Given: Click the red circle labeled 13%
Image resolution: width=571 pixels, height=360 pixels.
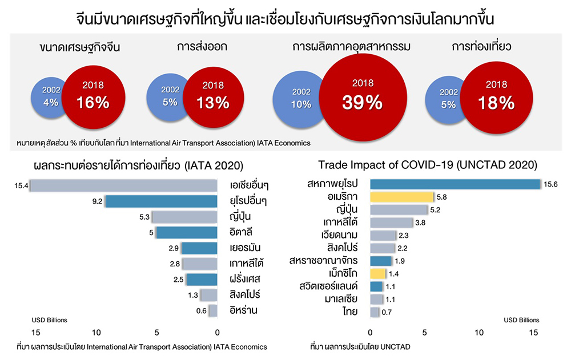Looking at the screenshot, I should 212,95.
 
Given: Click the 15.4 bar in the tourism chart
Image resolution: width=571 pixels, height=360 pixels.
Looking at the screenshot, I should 123,185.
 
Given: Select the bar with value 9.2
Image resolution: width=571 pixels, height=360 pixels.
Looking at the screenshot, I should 161,201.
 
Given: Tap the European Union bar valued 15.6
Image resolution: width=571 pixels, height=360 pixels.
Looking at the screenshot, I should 455,184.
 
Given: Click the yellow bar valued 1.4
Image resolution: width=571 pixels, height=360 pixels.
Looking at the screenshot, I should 378,273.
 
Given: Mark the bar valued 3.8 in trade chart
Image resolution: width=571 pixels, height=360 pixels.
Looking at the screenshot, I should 391,223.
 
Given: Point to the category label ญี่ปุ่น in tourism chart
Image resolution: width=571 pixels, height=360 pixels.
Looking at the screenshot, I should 242,217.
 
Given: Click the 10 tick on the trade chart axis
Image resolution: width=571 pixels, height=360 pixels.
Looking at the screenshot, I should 479,332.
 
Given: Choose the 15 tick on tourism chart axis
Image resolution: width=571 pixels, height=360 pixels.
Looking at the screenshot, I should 35,332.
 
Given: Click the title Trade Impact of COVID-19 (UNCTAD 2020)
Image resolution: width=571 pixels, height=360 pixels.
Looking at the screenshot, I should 428,165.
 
